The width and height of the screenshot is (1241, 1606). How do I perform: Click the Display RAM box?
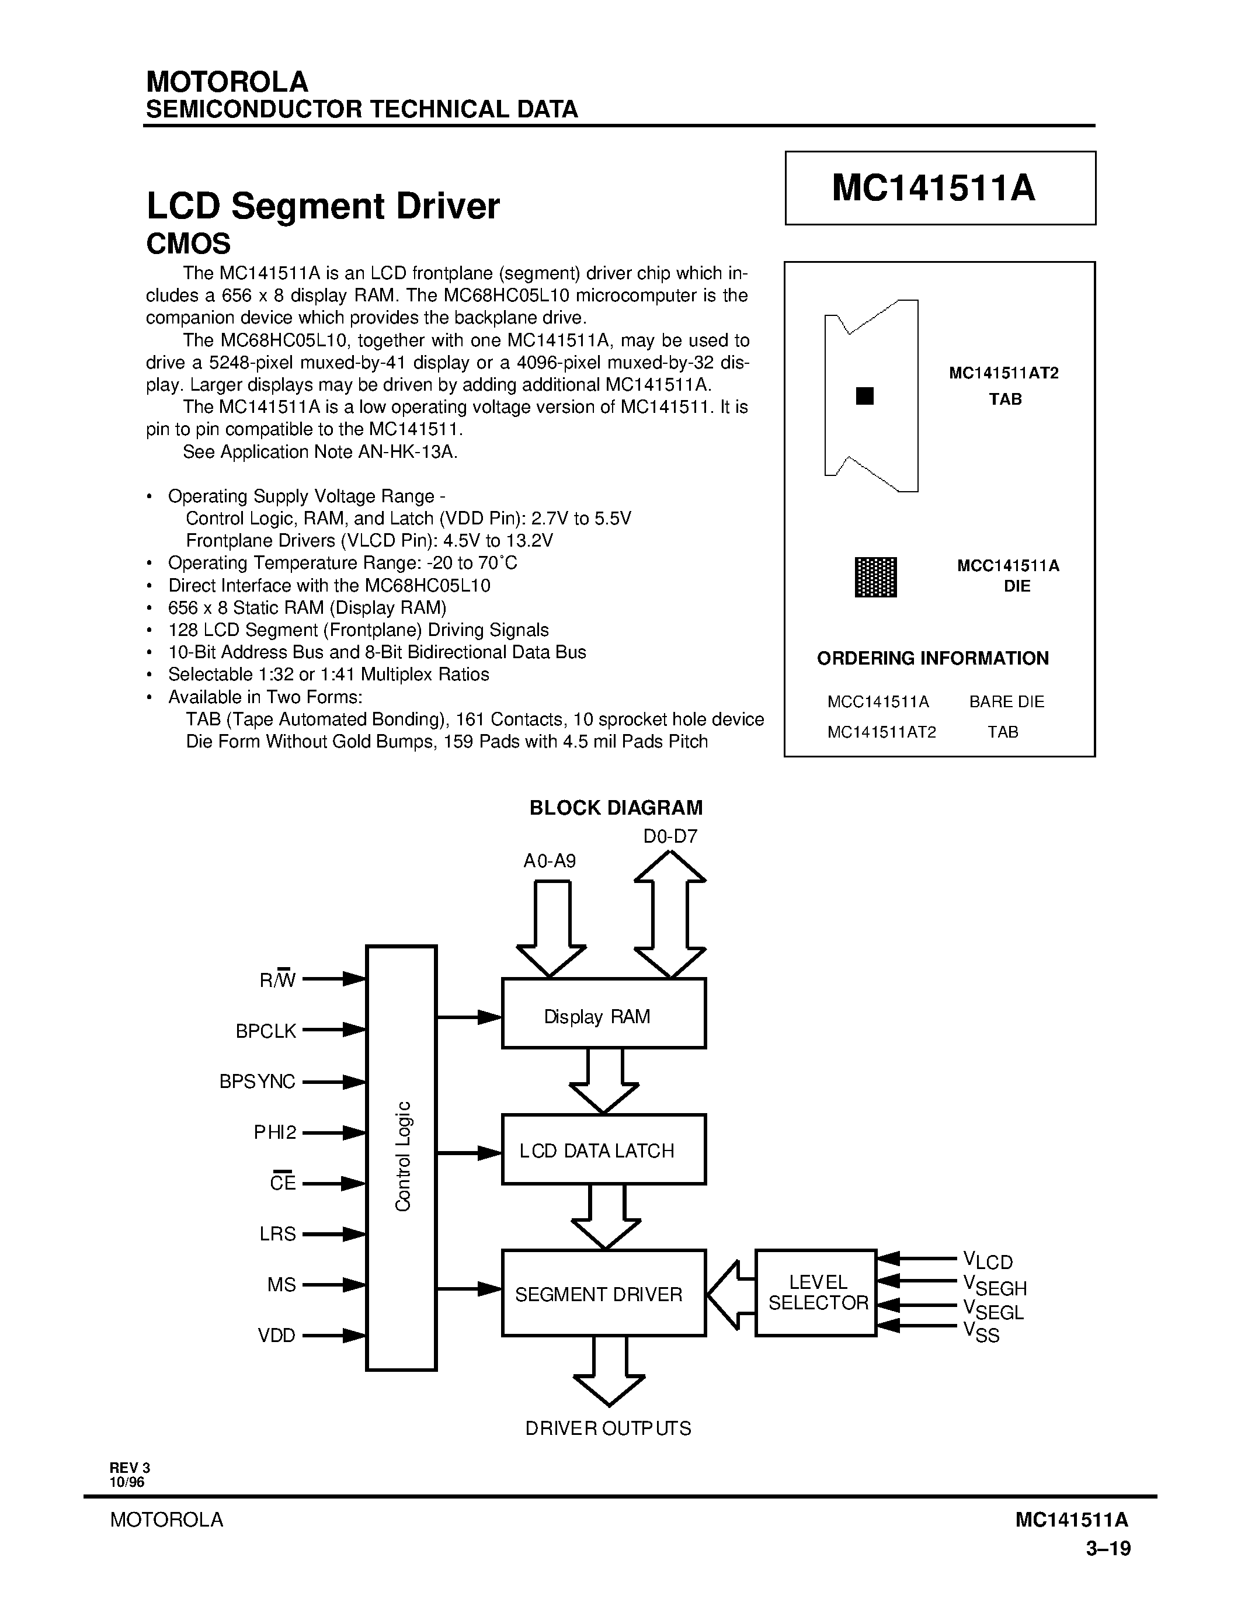point(603,1013)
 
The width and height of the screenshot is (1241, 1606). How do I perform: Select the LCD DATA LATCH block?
point(603,1149)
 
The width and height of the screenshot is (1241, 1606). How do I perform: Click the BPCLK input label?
point(265,1031)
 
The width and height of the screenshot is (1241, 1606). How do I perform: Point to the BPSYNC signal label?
point(258,1082)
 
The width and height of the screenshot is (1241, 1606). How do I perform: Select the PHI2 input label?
point(275,1132)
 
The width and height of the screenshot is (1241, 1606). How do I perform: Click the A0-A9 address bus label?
point(549,861)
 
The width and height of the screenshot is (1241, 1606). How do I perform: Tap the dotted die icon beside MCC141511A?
point(875,577)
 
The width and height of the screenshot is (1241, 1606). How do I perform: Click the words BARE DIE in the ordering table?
point(1006,701)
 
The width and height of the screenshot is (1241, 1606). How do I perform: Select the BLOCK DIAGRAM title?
point(616,808)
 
